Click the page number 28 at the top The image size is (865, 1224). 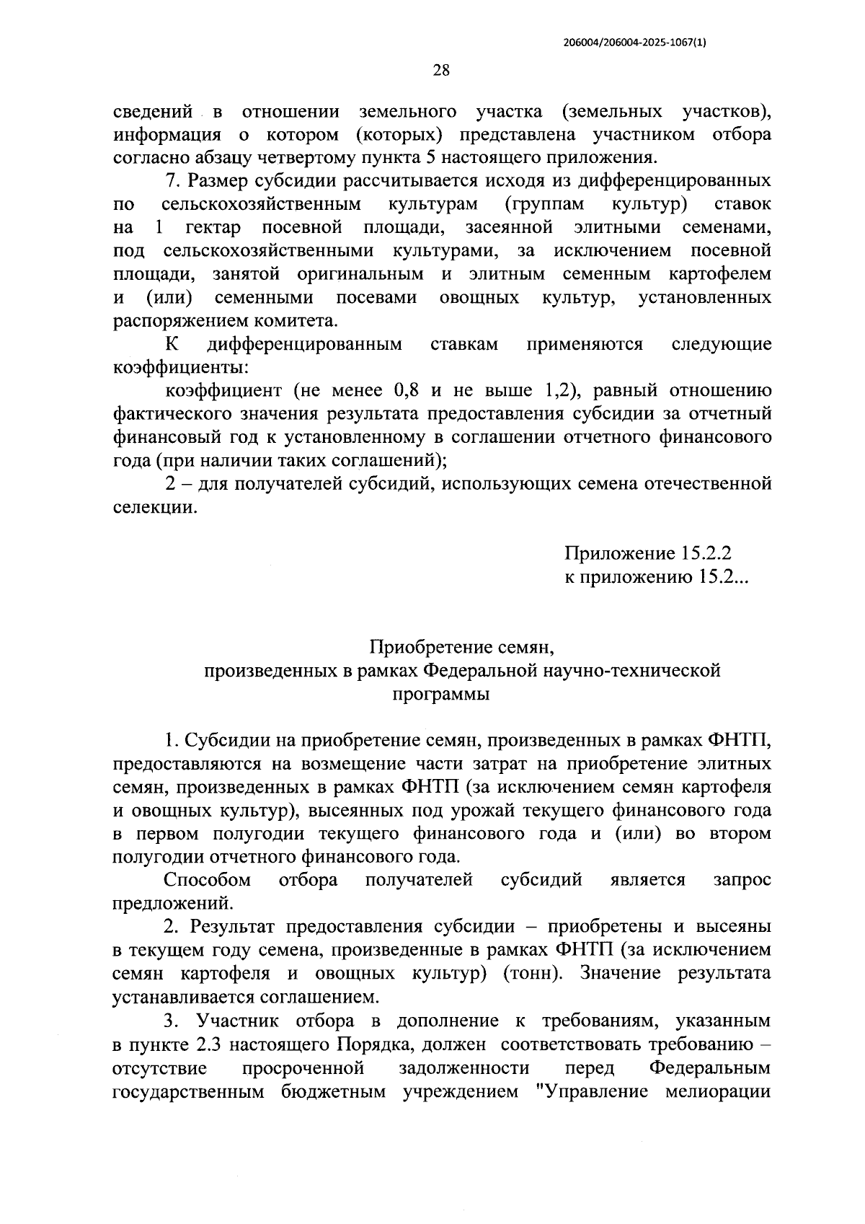click(x=440, y=70)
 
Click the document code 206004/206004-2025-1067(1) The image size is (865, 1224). click(x=634, y=43)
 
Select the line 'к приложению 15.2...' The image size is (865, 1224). click(x=657, y=577)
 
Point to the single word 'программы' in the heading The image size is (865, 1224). click(x=441, y=694)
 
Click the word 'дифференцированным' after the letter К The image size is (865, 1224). click(x=304, y=344)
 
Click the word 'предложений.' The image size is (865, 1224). click(x=174, y=902)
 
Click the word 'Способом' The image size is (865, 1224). click(x=208, y=879)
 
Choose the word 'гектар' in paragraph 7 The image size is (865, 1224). click(x=213, y=227)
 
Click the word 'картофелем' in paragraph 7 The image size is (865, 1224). click(x=719, y=274)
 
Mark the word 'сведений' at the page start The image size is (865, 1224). click(x=154, y=111)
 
